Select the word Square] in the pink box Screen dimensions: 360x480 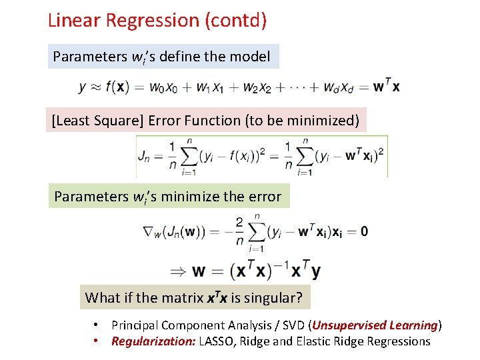119,121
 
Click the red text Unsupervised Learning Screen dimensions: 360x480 375,325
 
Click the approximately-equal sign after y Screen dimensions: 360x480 94,87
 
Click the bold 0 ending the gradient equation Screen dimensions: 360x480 364,231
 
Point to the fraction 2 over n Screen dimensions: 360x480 239,231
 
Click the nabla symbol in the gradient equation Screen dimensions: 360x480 149,231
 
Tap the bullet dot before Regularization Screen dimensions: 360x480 97,341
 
